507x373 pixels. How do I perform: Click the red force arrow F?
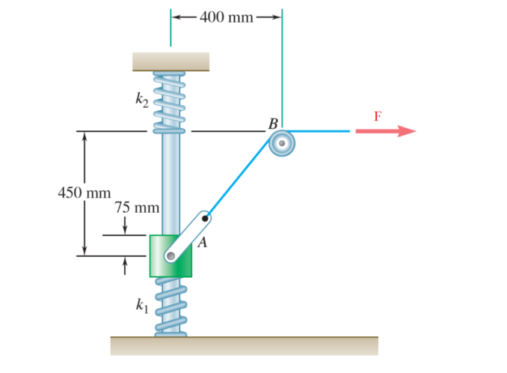[x=384, y=131]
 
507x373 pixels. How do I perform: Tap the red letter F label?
[x=378, y=116]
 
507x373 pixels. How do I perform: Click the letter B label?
[x=273, y=123]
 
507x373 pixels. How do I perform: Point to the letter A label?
[x=201, y=243]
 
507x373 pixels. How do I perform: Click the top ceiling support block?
[x=170, y=61]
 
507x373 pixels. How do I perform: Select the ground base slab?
[x=244, y=345]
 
